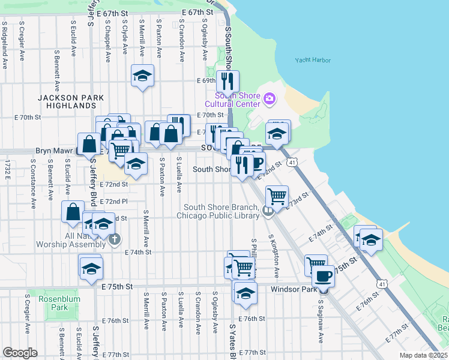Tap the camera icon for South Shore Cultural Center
pos(269,98)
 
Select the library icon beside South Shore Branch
pos(268,210)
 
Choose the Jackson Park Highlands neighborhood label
pos(70,101)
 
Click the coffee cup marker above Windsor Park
pos(323,277)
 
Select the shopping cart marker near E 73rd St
pos(277,196)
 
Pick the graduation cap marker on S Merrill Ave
pos(142,76)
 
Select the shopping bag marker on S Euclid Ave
pos(73,212)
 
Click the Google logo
pos(20,353)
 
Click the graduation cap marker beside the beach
pos(372,240)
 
